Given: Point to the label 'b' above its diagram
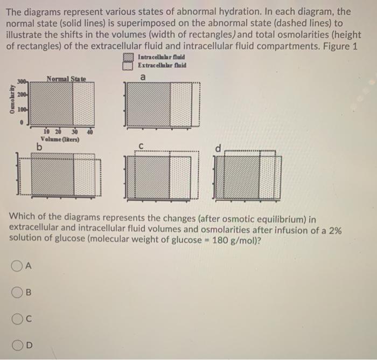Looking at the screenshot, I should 40,146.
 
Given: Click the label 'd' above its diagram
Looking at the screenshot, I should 218,148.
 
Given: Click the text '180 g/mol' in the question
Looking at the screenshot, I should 228,240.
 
